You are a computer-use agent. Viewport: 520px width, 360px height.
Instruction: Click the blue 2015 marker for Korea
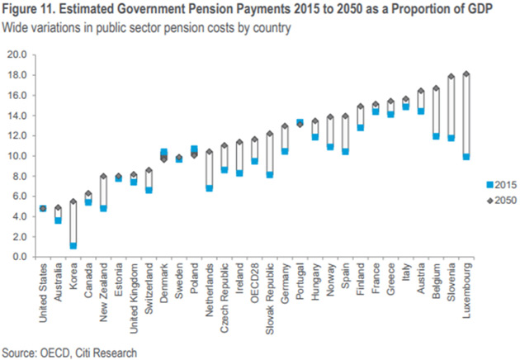[x=73, y=245]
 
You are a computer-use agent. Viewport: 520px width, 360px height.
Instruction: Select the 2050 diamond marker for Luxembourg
[x=466, y=74]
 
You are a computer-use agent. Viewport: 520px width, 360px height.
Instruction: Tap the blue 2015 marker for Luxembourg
[x=466, y=156]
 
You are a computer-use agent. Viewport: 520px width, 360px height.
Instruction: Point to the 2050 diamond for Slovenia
[x=451, y=77]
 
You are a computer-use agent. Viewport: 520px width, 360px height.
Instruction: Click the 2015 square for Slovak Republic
[x=270, y=174]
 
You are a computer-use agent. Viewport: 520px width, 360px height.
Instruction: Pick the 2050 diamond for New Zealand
[x=104, y=176]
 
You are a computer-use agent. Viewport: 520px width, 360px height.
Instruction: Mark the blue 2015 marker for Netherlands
[x=210, y=187]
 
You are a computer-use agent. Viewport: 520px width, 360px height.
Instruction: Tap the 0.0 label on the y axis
[x=19, y=257]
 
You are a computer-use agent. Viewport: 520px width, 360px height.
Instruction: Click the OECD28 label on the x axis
[x=255, y=281]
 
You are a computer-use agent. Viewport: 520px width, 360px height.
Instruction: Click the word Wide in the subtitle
[x=15, y=28]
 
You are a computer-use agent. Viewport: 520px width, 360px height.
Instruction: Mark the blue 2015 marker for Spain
[x=346, y=151]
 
